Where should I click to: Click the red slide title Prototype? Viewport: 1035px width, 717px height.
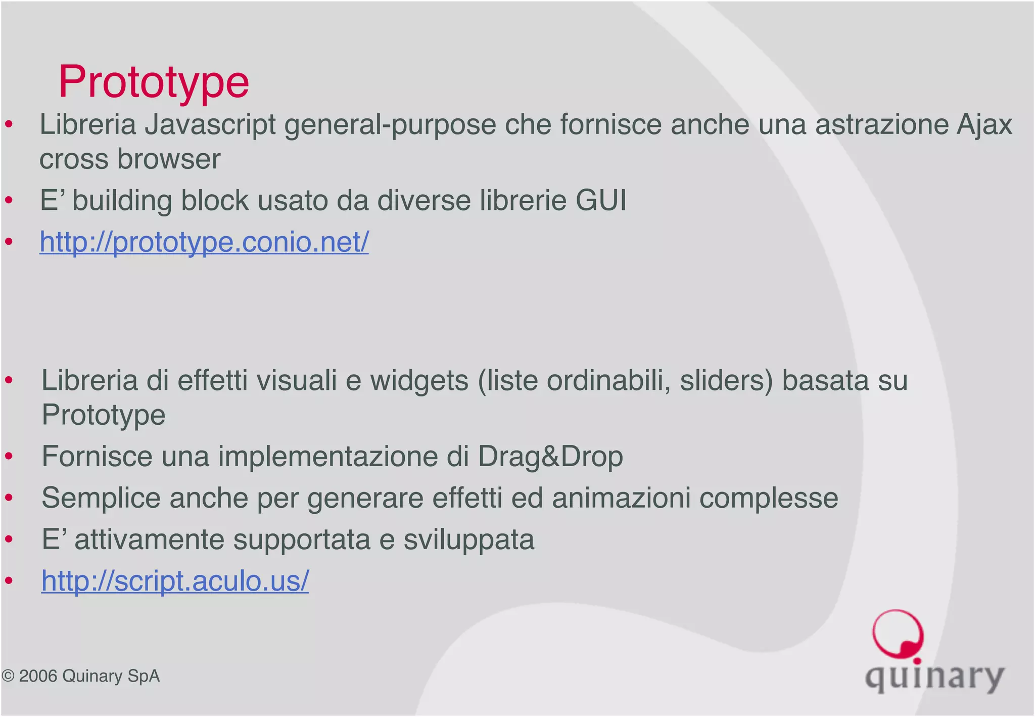click(154, 82)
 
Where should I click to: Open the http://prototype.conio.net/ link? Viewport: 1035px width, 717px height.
click(204, 242)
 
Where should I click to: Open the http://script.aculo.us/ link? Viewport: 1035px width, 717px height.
click(175, 581)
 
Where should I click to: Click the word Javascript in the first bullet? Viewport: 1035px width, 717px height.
click(210, 125)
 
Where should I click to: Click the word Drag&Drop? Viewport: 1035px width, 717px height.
click(550, 457)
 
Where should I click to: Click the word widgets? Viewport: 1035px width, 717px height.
click(419, 381)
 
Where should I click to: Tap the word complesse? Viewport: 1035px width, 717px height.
click(769, 498)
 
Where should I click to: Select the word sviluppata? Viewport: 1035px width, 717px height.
click(468, 540)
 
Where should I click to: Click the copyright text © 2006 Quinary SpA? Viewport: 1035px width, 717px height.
click(81, 677)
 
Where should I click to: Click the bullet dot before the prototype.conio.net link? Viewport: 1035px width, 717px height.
click(9, 242)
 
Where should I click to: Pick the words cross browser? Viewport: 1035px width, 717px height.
click(130, 159)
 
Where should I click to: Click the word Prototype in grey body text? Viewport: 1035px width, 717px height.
click(104, 415)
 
